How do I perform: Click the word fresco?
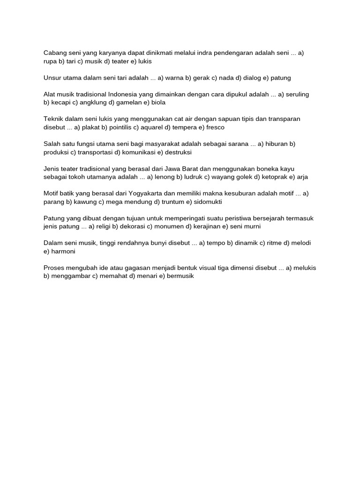coord(216,127)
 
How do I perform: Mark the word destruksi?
coord(177,152)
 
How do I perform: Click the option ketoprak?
coord(276,177)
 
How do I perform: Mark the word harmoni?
coord(63,251)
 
